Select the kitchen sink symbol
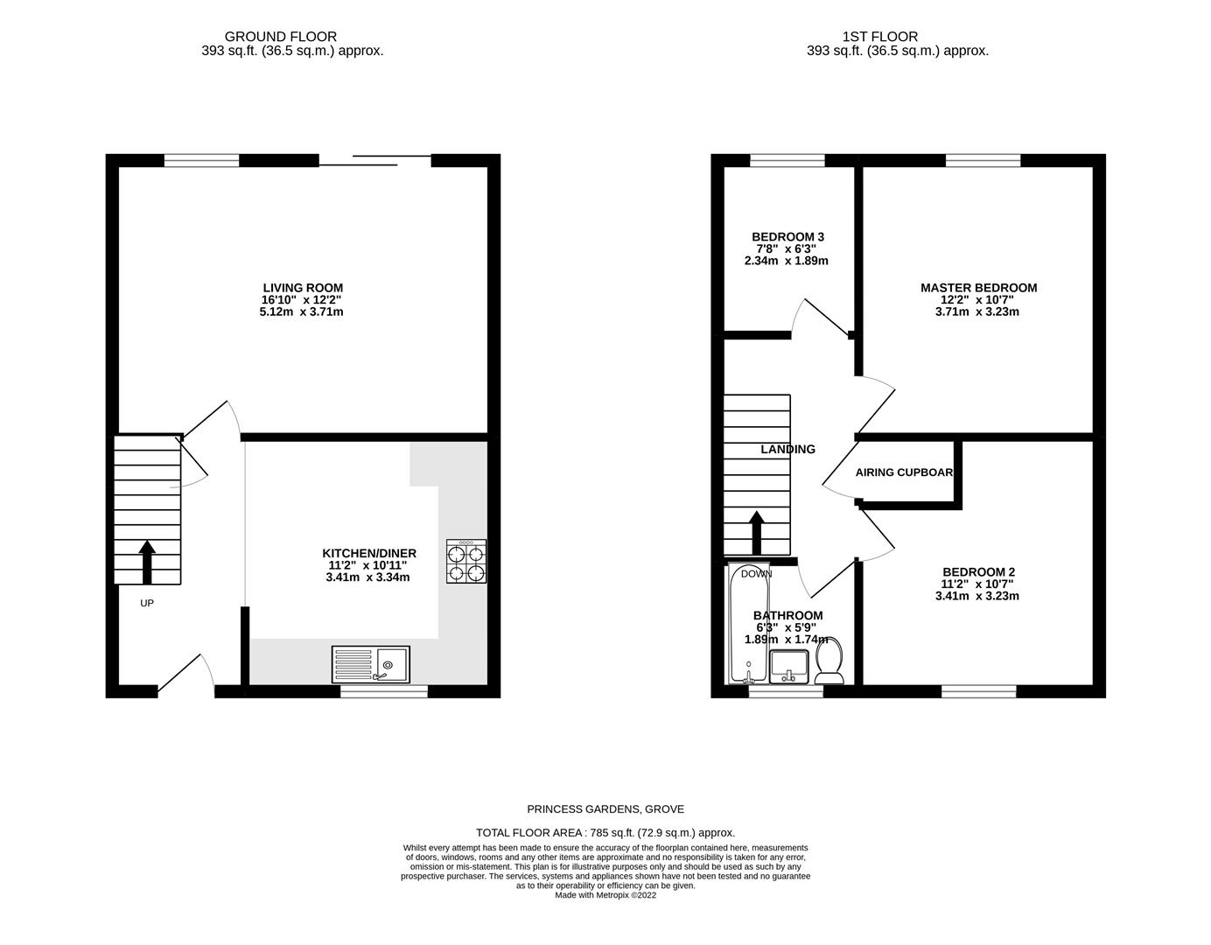[x=371, y=664]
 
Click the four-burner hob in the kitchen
[x=465, y=562]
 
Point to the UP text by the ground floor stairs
[x=147, y=603]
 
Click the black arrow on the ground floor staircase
[x=147, y=562]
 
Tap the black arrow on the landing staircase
[x=756, y=531]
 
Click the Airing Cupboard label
[x=904, y=472]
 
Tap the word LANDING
[x=787, y=449]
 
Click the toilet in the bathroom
[x=829, y=661]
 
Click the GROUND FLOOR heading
[x=281, y=37]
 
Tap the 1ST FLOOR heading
[x=880, y=37]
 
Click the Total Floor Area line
[x=605, y=833]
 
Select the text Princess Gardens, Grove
[x=605, y=809]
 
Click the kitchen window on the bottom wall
[x=384, y=691]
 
